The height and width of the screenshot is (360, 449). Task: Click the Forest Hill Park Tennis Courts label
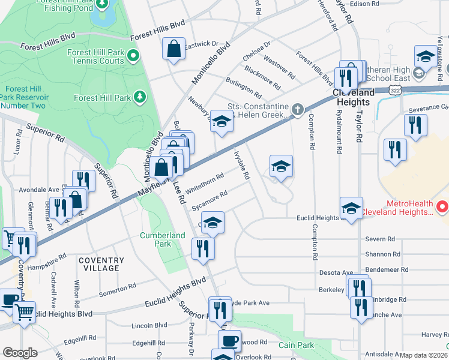click(x=95, y=56)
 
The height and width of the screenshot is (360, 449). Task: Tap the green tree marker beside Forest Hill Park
click(x=139, y=96)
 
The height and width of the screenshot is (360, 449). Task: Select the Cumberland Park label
click(x=163, y=239)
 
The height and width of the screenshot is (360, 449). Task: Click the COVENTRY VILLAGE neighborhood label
click(x=101, y=264)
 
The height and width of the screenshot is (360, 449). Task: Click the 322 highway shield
click(x=394, y=90)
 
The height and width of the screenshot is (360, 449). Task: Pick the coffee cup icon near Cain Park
click(x=229, y=341)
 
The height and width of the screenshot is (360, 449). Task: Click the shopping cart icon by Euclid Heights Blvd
click(x=24, y=311)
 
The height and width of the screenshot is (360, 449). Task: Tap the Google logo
click(x=20, y=353)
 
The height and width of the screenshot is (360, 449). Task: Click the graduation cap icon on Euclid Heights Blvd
click(x=351, y=208)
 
